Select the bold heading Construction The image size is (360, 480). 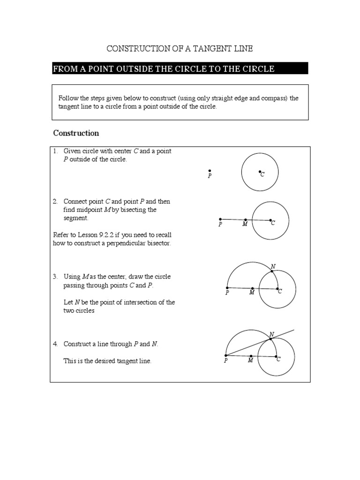76,133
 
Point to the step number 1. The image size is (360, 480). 55,151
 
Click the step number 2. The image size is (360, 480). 55,202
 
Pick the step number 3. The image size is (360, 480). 55,277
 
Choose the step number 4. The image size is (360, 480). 55,344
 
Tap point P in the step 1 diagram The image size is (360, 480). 210,171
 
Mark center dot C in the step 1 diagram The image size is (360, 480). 260,172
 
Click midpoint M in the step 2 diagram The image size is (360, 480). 245,219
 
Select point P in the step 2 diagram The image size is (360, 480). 220,219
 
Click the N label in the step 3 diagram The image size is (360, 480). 273,266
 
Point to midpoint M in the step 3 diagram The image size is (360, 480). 252,288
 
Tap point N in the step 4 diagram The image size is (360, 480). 270,338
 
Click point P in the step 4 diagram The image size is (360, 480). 226,355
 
